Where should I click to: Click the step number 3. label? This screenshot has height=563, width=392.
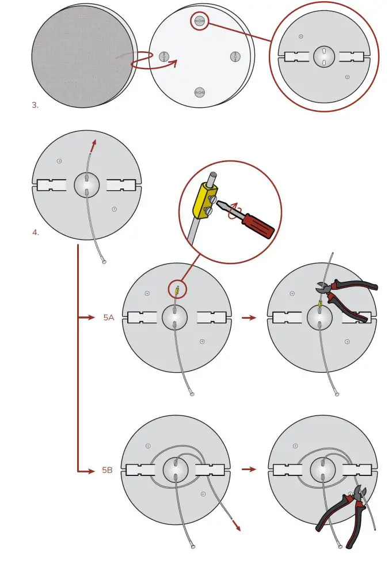[x=35, y=105]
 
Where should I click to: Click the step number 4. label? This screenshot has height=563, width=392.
[x=35, y=233]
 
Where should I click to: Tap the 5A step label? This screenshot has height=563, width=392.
[x=109, y=318]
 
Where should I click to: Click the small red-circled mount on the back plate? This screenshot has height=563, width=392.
[x=200, y=21]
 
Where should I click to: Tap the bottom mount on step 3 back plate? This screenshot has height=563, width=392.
[x=200, y=92]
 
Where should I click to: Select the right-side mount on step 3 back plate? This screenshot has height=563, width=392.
[x=235, y=56]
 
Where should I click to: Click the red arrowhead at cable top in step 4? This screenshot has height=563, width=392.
[x=94, y=143]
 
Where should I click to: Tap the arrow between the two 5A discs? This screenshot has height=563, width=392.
[x=249, y=318]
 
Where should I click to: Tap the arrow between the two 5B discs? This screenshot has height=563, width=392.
[x=249, y=470]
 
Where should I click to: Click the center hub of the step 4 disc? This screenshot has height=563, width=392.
[x=87, y=185]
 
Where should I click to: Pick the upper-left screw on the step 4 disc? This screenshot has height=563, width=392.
[x=59, y=161]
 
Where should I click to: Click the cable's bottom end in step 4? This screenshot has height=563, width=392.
[x=104, y=262]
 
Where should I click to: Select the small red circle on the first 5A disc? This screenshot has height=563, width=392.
[x=178, y=289]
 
